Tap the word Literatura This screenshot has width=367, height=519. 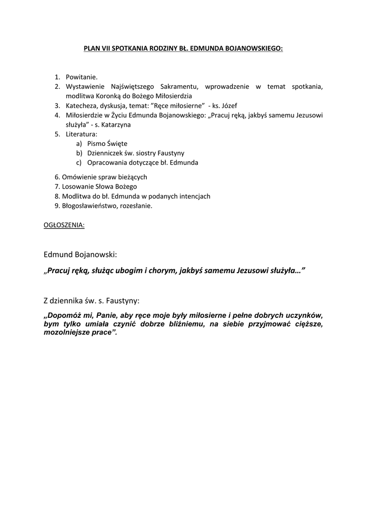point(81,134)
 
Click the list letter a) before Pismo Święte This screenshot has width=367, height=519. point(79,144)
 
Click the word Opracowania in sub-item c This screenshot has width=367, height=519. point(105,163)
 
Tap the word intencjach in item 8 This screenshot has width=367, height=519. point(195,196)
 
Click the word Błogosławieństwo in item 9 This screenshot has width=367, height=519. point(90,206)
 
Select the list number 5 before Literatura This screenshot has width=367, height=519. point(57,134)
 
